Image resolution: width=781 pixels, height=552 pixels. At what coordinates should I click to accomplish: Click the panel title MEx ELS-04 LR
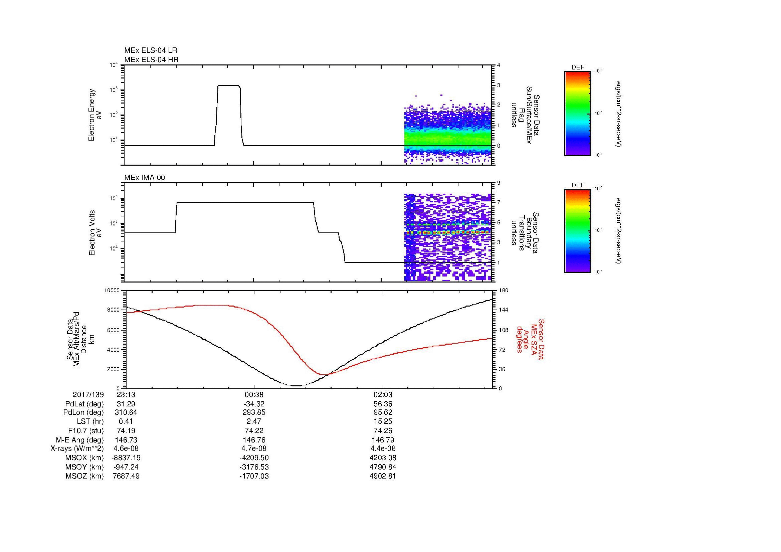(151, 50)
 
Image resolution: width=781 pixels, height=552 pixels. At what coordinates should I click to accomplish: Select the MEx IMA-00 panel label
(145, 178)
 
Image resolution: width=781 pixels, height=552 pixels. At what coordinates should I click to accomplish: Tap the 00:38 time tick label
(254, 394)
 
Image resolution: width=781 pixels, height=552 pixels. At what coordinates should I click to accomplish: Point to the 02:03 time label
(383, 394)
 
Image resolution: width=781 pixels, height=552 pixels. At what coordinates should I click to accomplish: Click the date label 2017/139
(88, 394)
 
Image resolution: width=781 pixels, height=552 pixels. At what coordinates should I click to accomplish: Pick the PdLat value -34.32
(254, 404)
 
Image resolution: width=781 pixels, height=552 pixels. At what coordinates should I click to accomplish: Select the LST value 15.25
(383, 421)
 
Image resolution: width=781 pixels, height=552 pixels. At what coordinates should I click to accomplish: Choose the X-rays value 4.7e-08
(254, 448)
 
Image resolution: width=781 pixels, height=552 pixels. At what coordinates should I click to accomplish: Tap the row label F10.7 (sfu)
(86, 430)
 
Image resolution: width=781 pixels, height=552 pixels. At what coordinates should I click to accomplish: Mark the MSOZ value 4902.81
(383, 476)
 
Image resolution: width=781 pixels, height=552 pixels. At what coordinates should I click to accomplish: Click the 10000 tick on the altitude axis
(112, 291)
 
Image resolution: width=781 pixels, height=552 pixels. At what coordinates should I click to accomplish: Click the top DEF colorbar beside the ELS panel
(578, 113)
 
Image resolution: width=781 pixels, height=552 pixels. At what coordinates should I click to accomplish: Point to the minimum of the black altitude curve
(297, 386)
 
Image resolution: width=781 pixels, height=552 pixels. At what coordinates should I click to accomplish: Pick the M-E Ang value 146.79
(383, 440)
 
